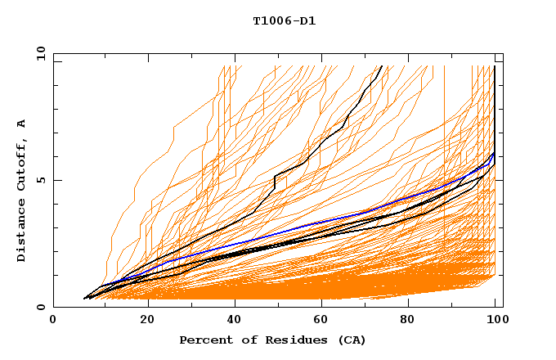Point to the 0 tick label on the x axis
point(53,321)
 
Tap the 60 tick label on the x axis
point(318,321)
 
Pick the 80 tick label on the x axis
point(406,321)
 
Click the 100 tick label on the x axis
point(495,321)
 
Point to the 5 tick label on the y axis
point(40,180)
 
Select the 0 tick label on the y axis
point(40,307)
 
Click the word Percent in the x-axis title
point(204,340)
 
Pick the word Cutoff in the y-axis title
point(21,164)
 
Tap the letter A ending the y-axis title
point(21,124)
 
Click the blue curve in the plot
point(327,218)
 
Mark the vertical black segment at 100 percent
point(495,106)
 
